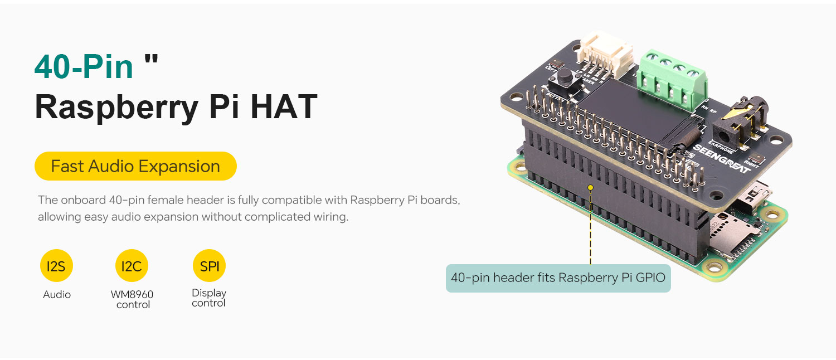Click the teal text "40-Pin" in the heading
tap(84, 66)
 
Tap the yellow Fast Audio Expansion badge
tap(135, 166)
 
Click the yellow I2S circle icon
tap(56, 266)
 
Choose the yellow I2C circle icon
tap(132, 266)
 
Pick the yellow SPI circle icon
tap(209, 266)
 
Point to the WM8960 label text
tap(132, 294)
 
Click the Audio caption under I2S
tap(57, 294)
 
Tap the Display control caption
tap(208, 298)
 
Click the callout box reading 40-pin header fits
tap(558, 278)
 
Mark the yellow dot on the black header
tap(590, 188)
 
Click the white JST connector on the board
tap(601, 58)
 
